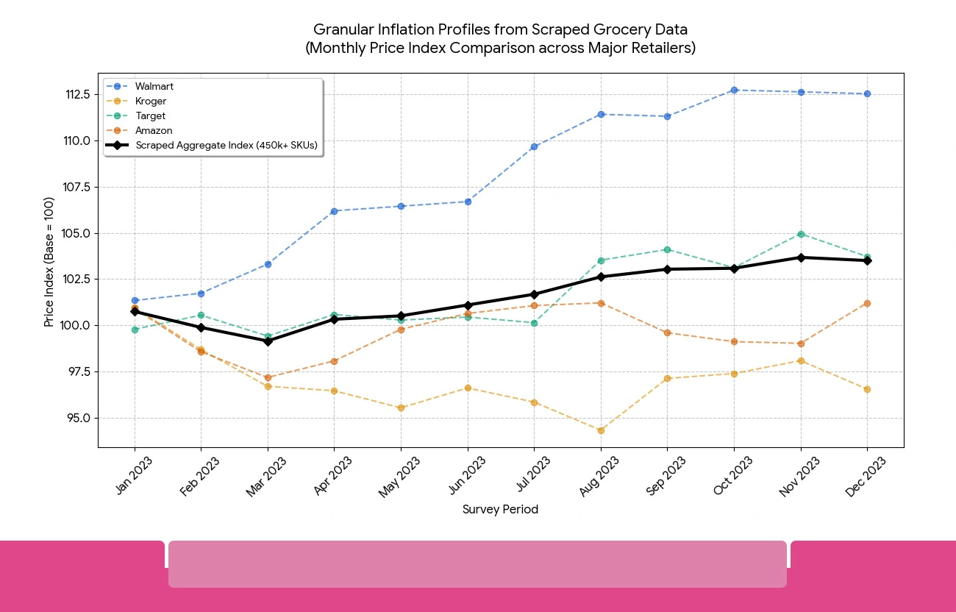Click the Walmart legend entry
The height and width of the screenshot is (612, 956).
(x=154, y=87)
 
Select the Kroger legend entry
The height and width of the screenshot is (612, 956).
(x=150, y=102)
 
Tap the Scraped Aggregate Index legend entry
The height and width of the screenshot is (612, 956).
(x=226, y=146)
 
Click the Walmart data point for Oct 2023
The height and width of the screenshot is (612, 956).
(x=734, y=90)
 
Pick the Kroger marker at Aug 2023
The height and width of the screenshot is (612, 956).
(x=601, y=430)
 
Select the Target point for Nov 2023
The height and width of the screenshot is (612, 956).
(x=801, y=234)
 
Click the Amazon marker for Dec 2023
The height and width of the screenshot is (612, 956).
(x=867, y=303)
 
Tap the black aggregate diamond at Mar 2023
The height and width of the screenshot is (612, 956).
(x=268, y=341)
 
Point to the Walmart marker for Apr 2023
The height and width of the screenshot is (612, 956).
(x=334, y=211)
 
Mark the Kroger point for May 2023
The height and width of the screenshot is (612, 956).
(x=401, y=408)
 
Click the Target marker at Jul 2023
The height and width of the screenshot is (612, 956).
(x=534, y=323)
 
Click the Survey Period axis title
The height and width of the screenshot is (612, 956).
(x=500, y=510)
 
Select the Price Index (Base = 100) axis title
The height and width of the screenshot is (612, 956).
(x=49, y=261)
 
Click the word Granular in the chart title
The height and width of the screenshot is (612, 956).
(x=341, y=29)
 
